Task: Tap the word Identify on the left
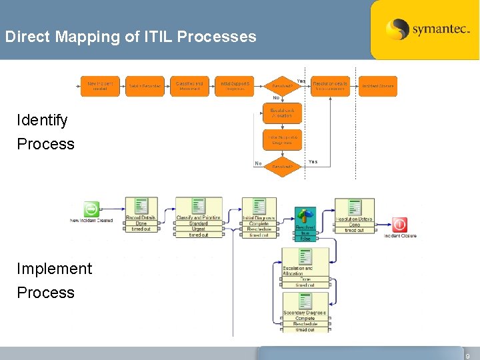43,121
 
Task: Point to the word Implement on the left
55,269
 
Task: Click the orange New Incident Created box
100,85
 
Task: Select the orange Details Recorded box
145,85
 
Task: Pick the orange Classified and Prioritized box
189,85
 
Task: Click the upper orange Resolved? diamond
283,85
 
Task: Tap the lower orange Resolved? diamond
283,165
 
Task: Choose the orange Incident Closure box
378,85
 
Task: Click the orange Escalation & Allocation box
283,113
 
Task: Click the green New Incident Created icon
91,209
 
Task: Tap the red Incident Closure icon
400,225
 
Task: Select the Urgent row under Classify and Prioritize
199,229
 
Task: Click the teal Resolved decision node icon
305,215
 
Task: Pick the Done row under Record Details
141,224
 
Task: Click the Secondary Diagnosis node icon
305,301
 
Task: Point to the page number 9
468,355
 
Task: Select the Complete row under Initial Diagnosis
259,224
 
